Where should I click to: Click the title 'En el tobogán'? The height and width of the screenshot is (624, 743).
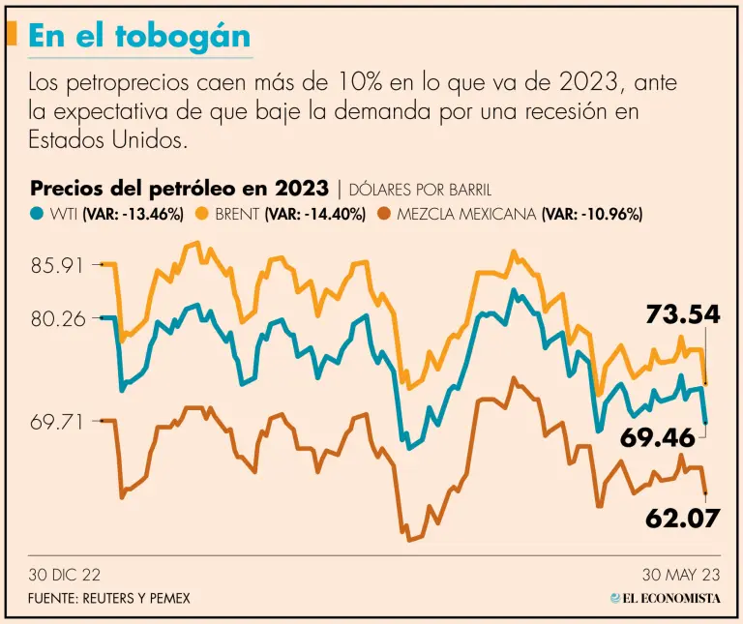tap(139, 36)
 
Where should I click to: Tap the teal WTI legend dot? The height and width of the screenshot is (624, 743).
tap(37, 214)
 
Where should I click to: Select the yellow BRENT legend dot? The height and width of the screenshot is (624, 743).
tap(203, 214)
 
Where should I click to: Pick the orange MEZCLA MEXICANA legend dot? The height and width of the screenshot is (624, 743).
tap(384, 214)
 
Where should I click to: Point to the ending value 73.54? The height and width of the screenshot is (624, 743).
tap(683, 313)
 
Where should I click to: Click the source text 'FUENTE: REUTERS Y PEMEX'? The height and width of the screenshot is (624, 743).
tap(109, 598)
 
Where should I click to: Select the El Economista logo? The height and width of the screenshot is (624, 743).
tap(666, 598)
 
